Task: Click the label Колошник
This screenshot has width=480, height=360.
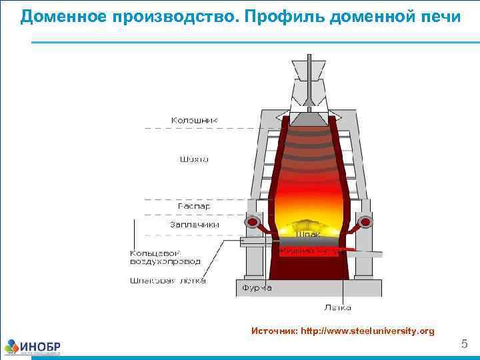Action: [x=194, y=121]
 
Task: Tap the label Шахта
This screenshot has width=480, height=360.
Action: [x=194, y=159]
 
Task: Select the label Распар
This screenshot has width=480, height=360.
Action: [x=194, y=207]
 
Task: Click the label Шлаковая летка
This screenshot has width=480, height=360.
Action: [x=167, y=281]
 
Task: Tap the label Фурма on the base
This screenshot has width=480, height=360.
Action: [x=257, y=288]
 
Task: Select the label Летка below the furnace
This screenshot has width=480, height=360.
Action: [x=338, y=307]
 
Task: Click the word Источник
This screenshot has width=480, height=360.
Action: [x=274, y=331]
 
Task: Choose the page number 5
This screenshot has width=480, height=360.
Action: [x=465, y=344]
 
